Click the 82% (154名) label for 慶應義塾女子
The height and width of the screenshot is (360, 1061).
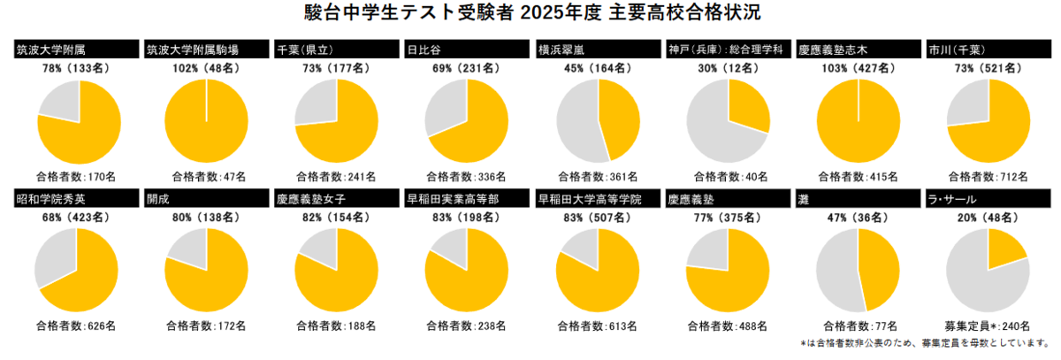(x=337, y=216)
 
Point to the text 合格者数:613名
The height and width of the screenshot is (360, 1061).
(x=597, y=326)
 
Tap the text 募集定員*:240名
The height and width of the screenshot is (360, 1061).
(x=988, y=326)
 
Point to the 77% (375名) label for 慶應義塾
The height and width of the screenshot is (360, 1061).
(x=728, y=216)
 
